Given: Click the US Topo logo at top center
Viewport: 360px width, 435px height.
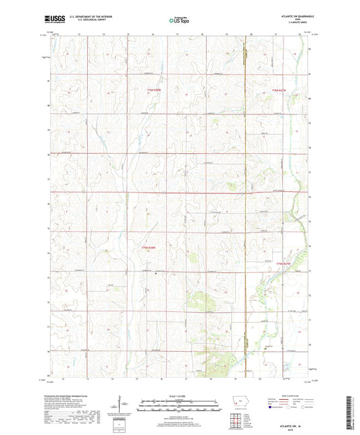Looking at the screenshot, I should click(x=179, y=20).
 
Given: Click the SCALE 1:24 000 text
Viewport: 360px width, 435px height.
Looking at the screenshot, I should click(x=179, y=394).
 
